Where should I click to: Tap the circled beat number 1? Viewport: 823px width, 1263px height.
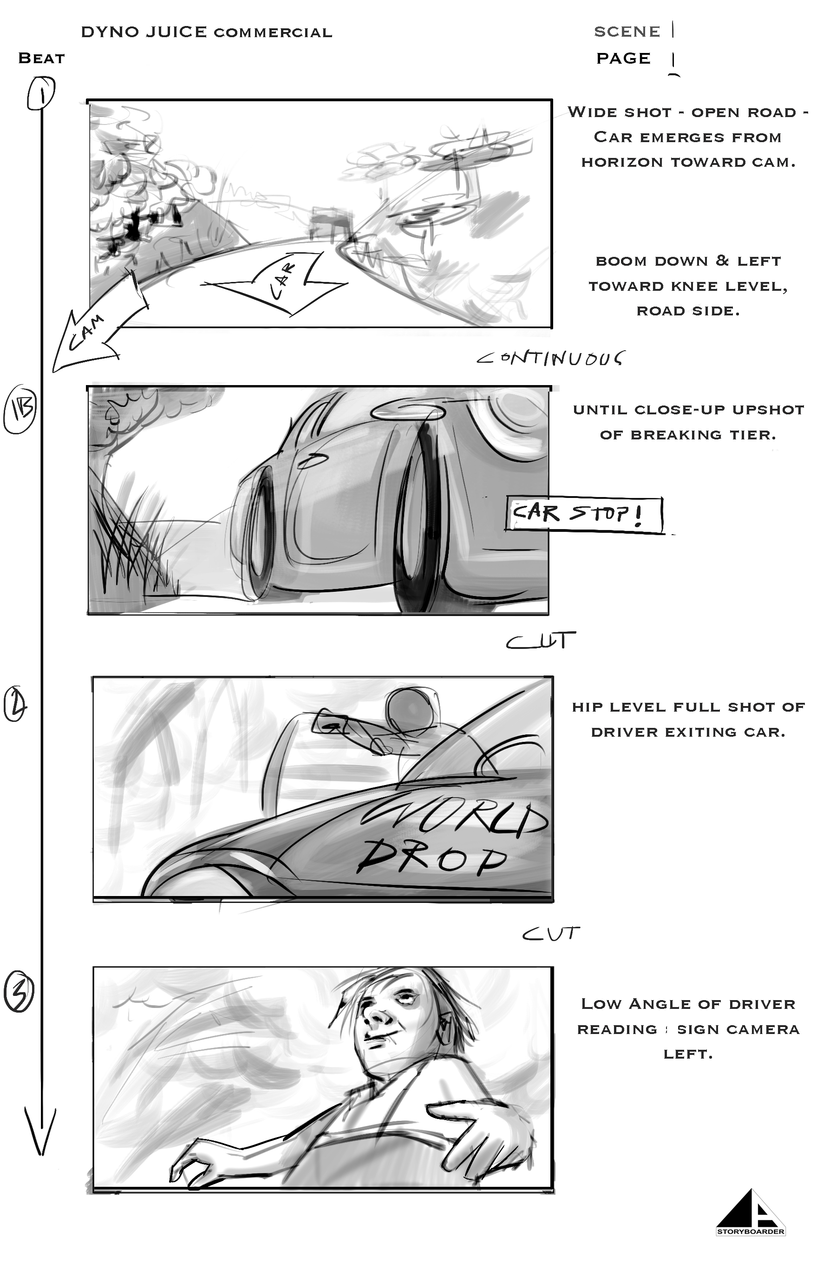click(x=41, y=93)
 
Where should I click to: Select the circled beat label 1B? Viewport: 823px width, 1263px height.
click(x=20, y=411)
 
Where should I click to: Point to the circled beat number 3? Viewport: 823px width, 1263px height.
click(x=19, y=992)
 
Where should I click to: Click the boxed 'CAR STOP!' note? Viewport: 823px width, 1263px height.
click(x=584, y=514)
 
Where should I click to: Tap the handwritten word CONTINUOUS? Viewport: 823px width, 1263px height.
click(x=551, y=358)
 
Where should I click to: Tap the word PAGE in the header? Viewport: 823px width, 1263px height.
click(x=623, y=58)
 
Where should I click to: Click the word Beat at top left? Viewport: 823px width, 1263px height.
click(x=41, y=58)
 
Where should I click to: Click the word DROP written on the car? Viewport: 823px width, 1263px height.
click(x=431, y=855)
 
